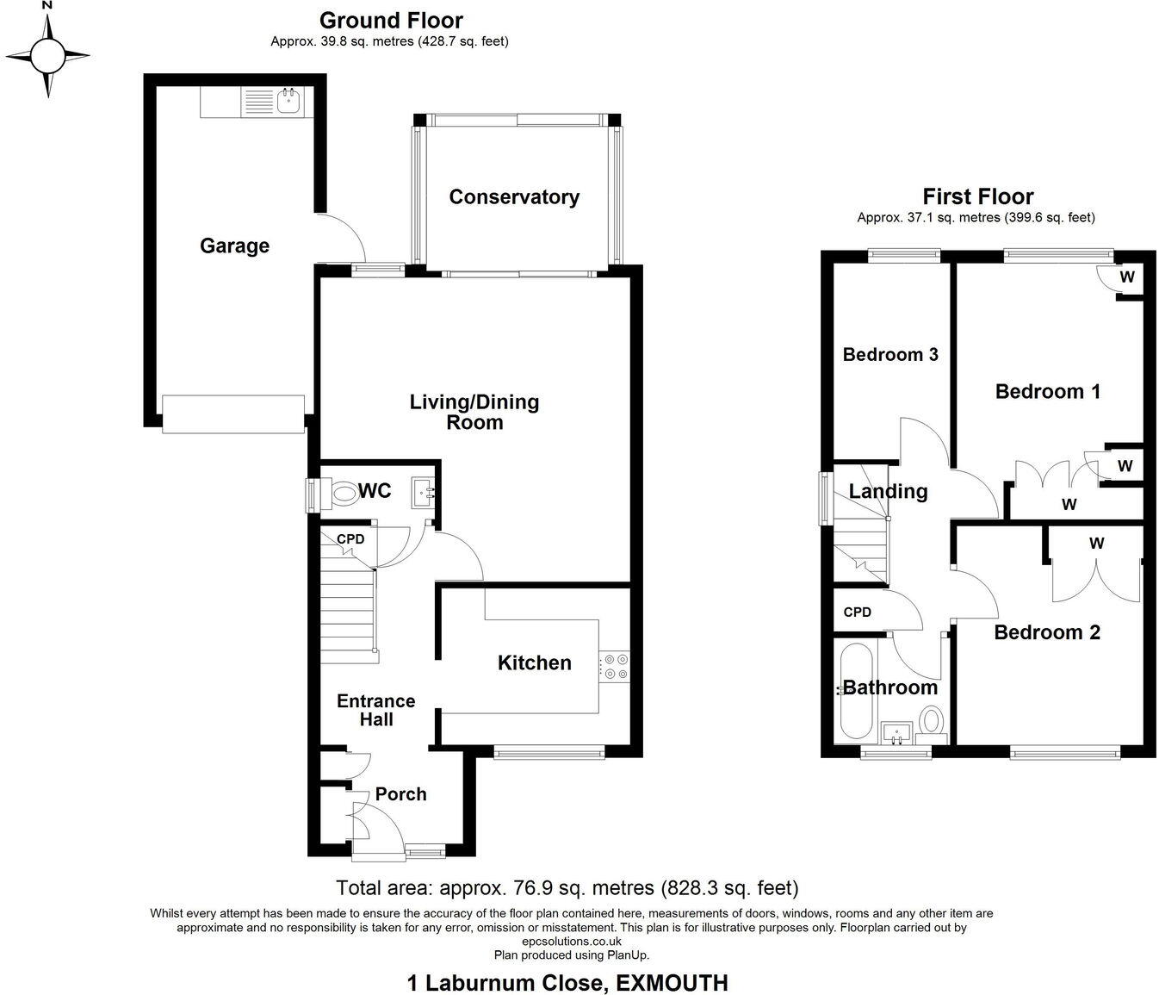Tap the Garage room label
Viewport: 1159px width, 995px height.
234,246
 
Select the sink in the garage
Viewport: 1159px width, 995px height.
288,103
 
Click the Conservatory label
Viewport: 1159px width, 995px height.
514,197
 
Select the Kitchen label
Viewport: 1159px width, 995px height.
534,662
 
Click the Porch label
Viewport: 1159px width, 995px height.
400,794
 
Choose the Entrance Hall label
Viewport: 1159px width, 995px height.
375,710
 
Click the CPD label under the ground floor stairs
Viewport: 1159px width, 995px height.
350,539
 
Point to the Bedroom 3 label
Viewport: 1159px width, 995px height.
889,355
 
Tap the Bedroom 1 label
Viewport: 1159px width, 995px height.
1047,392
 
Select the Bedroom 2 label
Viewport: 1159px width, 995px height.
1046,632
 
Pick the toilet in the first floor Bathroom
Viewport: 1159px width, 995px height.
931,722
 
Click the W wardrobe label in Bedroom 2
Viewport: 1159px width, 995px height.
1096,544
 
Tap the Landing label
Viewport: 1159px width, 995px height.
888,492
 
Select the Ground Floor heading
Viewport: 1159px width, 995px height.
391,21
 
